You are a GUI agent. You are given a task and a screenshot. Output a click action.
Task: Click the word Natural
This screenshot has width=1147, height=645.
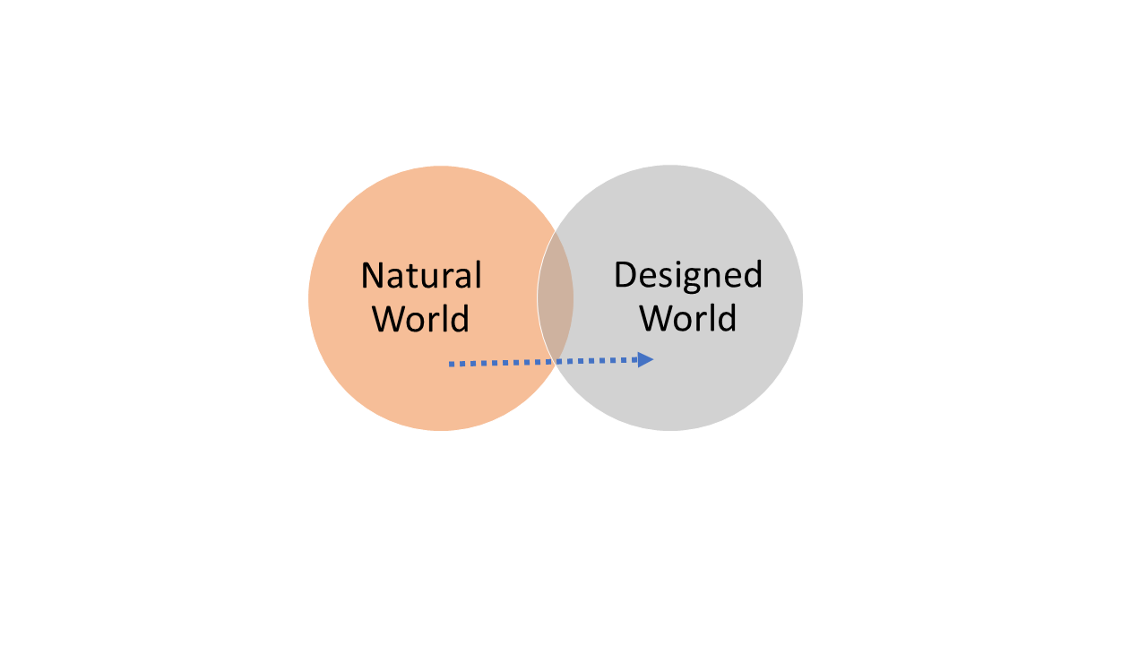tap(421, 275)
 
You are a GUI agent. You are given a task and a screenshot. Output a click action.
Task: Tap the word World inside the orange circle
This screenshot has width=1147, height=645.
tap(421, 319)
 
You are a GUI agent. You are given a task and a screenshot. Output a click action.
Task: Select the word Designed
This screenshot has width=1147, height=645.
tap(687, 275)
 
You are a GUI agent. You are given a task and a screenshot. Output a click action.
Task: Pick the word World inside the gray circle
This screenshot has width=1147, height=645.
tap(687, 319)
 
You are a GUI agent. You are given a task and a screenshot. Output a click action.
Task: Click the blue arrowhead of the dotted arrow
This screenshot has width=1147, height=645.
tap(645, 359)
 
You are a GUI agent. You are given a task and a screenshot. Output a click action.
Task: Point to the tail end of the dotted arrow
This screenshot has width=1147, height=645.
tap(452, 364)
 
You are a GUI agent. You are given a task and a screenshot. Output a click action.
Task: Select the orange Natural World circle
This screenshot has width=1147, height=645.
tap(403, 385)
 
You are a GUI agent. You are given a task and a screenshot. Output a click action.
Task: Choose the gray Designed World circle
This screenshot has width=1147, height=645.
tap(717, 394)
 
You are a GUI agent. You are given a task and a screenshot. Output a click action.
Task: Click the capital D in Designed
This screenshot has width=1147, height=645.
tap(625, 274)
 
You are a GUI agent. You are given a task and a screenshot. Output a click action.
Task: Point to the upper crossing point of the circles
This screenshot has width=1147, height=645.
tap(556, 231)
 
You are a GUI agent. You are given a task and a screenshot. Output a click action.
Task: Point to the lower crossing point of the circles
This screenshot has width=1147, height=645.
tap(556, 365)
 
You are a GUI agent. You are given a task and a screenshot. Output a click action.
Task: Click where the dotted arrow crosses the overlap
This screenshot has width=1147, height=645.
tap(556, 361)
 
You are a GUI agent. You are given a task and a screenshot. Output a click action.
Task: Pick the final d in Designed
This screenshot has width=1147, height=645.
tap(752, 274)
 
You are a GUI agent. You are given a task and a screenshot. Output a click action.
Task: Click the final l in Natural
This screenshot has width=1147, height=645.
tap(478, 274)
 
